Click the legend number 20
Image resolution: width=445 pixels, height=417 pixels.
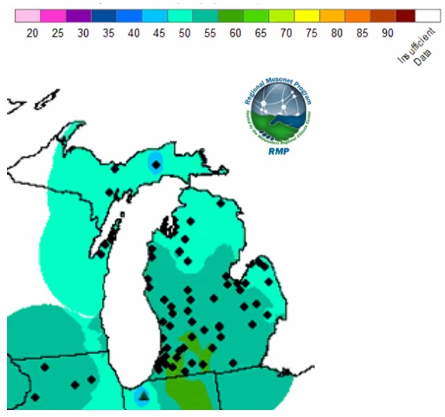click(x=32, y=32)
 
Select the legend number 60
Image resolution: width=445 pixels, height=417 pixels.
click(x=235, y=32)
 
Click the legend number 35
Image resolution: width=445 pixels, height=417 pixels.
click(x=108, y=32)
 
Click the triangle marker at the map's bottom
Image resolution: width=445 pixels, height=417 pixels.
click(x=144, y=397)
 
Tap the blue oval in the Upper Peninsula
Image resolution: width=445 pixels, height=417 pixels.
click(x=155, y=162)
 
